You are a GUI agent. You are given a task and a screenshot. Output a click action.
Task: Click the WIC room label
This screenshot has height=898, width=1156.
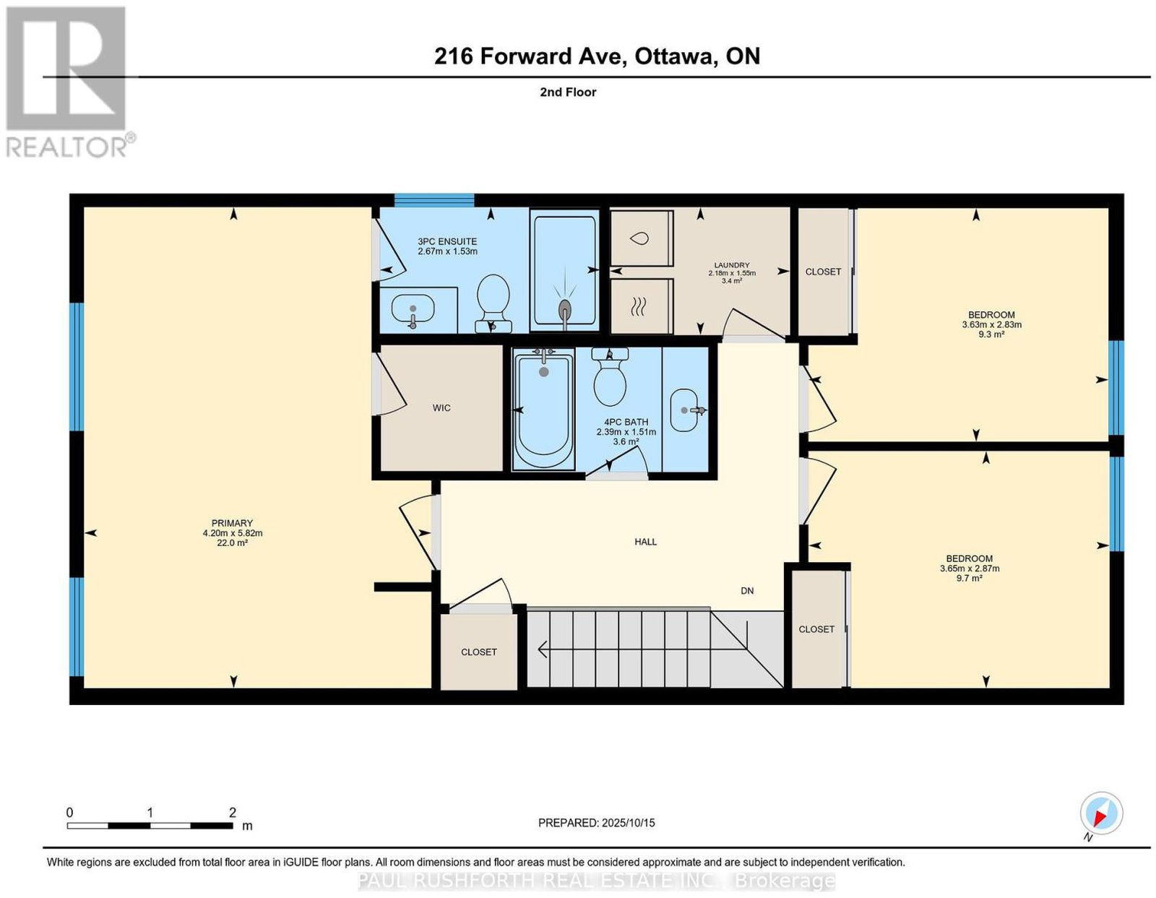[441, 407]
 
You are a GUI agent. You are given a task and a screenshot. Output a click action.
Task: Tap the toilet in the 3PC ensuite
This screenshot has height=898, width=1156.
[493, 303]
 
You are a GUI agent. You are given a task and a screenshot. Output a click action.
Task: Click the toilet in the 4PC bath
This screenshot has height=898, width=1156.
[610, 377]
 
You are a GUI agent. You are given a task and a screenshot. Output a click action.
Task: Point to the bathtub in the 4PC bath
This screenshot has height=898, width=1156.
[543, 409]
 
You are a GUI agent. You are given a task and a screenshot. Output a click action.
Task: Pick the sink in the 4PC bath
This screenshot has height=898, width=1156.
[685, 410]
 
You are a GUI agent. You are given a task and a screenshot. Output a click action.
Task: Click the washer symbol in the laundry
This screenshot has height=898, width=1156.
[642, 238]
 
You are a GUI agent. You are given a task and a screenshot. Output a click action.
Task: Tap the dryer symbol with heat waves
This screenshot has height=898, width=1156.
[642, 307]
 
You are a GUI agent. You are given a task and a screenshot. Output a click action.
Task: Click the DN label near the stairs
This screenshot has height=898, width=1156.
[747, 591]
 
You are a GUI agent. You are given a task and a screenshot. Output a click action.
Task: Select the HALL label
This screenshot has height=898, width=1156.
[645, 542]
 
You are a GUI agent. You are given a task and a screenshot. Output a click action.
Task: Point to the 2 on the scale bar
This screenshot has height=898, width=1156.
[233, 813]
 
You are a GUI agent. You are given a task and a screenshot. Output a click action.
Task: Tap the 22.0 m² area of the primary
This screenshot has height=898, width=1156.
[233, 543]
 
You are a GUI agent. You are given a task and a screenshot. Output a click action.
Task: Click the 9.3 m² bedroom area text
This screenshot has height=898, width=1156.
[991, 334]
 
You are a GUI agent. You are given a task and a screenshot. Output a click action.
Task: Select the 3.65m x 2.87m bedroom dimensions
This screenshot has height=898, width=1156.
[970, 569]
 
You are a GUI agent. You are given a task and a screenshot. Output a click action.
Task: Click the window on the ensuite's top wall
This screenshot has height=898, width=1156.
[434, 200]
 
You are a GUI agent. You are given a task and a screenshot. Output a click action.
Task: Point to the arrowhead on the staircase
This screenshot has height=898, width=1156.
[543, 649]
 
